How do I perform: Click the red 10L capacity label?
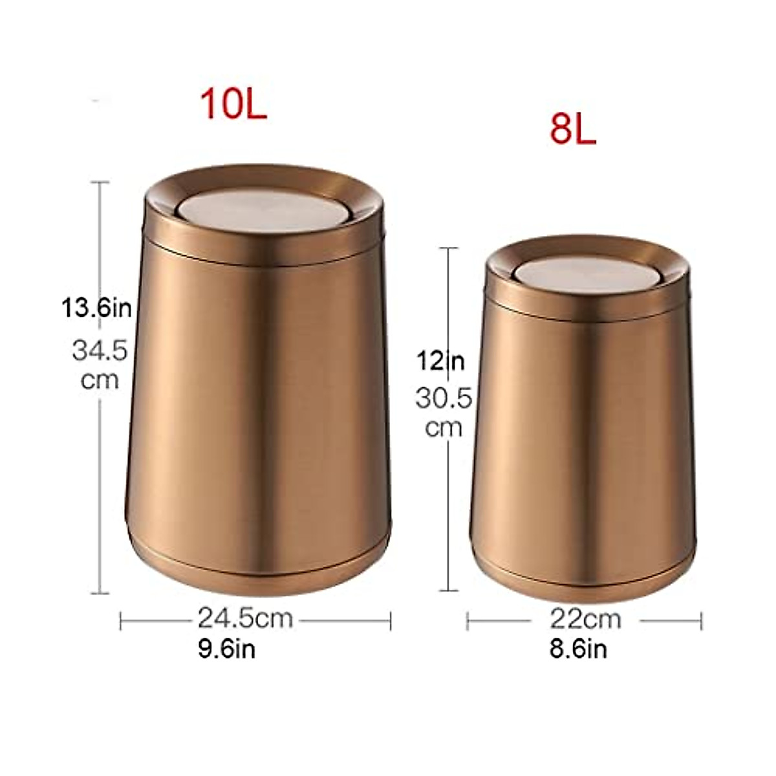pyautogui.click(x=233, y=105)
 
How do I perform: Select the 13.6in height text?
pyautogui.click(x=96, y=308)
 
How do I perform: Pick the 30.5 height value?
pyautogui.click(x=444, y=398)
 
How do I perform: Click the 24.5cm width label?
pyautogui.click(x=245, y=619)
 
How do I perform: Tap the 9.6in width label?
pyautogui.click(x=227, y=649)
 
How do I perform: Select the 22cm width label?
pyautogui.click(x=585, y=620)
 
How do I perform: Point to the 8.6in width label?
pyautogui.click(x=578, y=649)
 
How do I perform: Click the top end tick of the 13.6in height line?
pyautogui.click(x=100, y=183)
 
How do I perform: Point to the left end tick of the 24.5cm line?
pyautogui.click(x=122, y=621)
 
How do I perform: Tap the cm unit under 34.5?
pyautogui.click(x=100, y=379)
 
